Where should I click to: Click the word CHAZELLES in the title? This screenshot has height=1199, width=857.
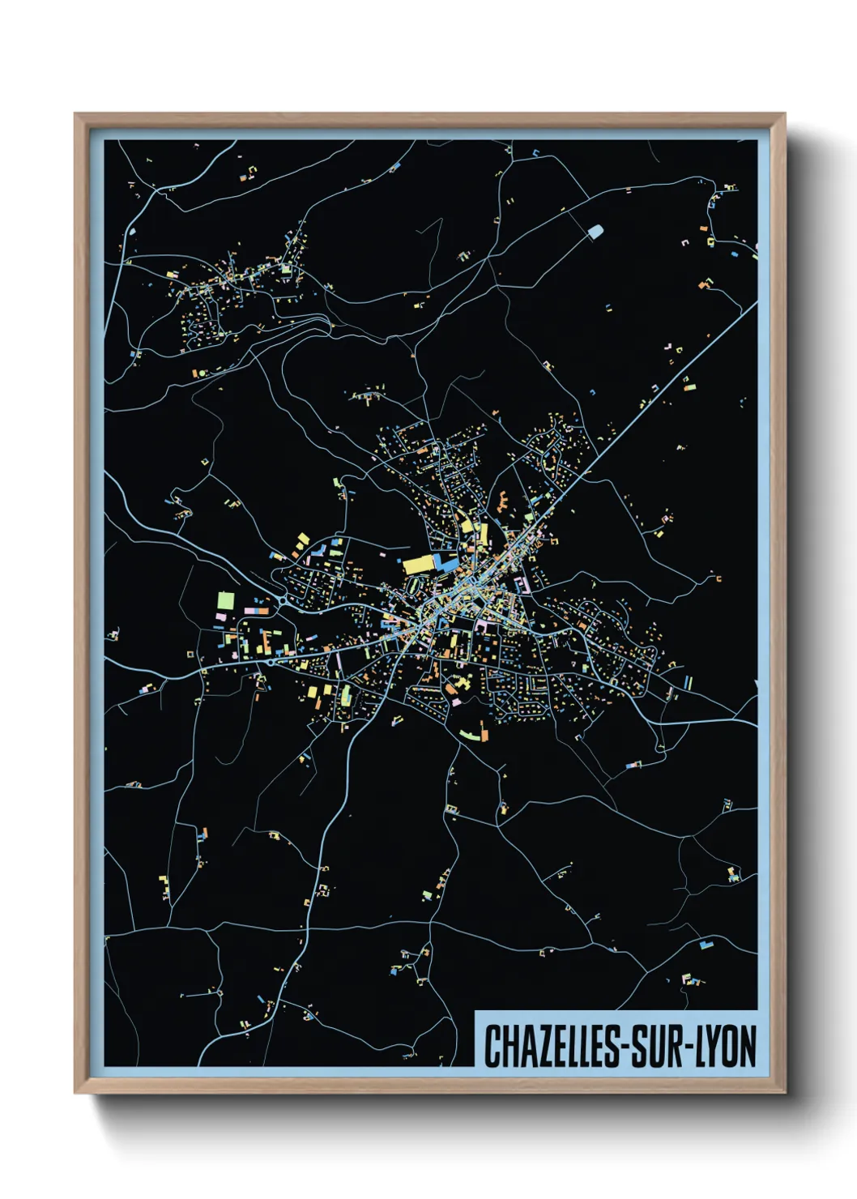point(551,1046)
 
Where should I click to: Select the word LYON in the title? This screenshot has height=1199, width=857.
point(726,1046)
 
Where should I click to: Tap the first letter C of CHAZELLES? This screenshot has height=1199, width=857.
point(491,1046)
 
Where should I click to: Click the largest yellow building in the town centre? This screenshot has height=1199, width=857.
point(420,564)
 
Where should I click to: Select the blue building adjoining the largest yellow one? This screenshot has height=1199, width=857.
point(444,561)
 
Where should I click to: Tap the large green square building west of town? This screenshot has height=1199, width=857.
point(226,601)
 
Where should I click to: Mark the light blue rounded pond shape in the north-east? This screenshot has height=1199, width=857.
point(595,232)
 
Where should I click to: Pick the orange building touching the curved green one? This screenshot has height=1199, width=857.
point(484,734)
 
